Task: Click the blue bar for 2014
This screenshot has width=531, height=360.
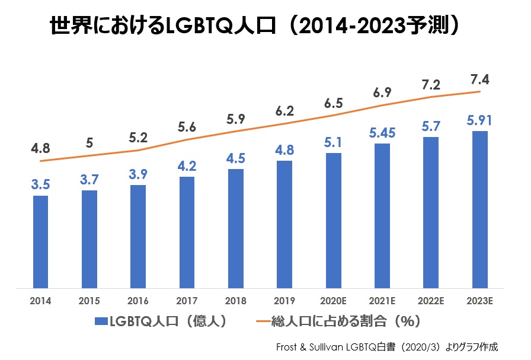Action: [x=40, y=242]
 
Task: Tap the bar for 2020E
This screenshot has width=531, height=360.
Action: [x=334, y=221]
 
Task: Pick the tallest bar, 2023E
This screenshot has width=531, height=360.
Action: [x=480, y=209]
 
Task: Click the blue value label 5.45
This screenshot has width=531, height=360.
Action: [x=382, y=132]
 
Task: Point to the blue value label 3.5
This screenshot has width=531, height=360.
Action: [x=40, y=184]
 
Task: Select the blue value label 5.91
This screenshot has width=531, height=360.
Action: [x=480, y=120]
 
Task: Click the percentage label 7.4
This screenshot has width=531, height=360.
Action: [x=479, y=79]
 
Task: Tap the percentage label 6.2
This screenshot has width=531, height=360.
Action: [x=284, y=110]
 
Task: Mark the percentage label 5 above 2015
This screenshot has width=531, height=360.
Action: [x=89, y=142]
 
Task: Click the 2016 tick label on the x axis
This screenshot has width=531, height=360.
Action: [x=138, y=301]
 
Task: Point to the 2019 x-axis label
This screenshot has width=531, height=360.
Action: [x=284, y=301]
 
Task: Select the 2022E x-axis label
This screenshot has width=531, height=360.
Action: [x=431, y=301]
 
